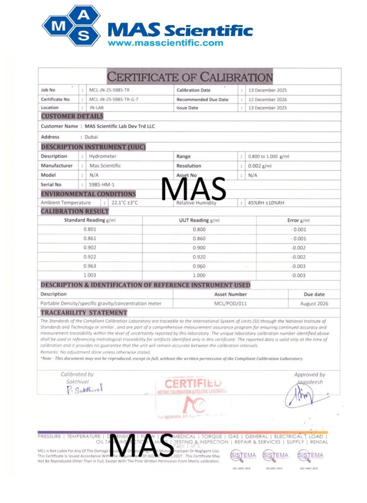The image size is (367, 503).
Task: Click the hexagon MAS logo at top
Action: pyautogui.click(x=72, y=25)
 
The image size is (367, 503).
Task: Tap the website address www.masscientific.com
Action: pyautogui.click(x=165, y=43)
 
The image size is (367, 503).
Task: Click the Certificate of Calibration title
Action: pyautogui.click(x=190, y=77)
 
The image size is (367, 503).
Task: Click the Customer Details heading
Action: pyautogui.click(x=72, y=116)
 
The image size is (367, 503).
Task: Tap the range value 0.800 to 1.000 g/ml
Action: pyautogui.click(x=269, y=156)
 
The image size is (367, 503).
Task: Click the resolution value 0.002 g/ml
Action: pyautogui.click(x=260, y=166)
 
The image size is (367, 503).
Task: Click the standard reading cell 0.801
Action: pyautogui.click(x=90, y=229)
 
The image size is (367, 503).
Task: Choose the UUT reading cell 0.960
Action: pyautogui.click(x=199, y=266)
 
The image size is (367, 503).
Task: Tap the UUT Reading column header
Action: pyautogui.click(x=199, y=221)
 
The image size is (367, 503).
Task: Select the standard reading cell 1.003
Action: pyautogui.click(x=90, y=275)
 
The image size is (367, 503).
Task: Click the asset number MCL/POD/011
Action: pyautogui.click(x=231, y=304)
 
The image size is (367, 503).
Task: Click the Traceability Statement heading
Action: pyautogui.click(x=84, y=313)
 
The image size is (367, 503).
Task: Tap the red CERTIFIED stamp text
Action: pyautogui.click(x=193, y=383)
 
